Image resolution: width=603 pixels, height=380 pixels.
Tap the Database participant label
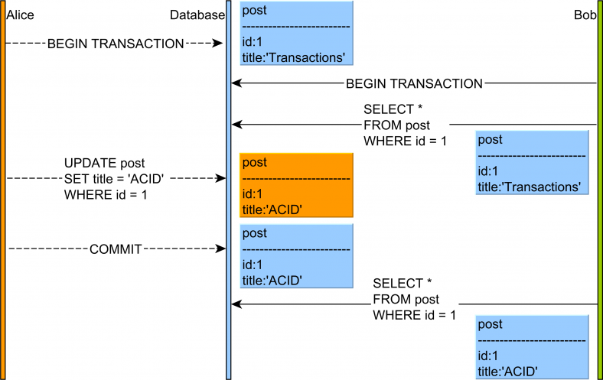point(197,15)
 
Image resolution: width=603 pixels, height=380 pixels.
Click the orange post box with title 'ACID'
point(296,187)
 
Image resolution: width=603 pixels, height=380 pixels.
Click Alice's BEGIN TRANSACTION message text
point(116,44)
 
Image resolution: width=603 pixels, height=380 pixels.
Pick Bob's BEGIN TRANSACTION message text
point(414,83)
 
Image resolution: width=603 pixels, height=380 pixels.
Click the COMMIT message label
point(117,249)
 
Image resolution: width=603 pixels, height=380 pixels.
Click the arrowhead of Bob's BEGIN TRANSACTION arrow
point(236,83)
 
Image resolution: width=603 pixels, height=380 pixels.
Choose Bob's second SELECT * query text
point(414,299)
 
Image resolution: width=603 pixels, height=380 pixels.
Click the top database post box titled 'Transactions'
point(296,34)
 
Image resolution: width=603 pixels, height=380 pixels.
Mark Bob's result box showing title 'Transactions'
point(532,163)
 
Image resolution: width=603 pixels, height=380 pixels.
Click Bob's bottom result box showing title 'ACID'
point(532,346)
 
